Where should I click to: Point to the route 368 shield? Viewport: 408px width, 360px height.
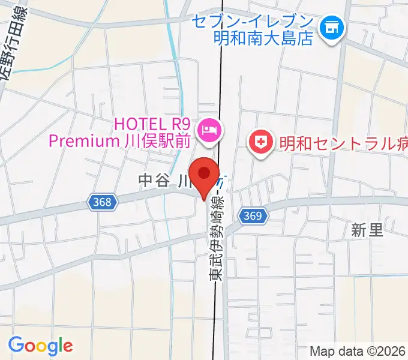click(x=102, y=202)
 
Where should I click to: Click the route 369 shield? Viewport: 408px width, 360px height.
click(x=252, y=215)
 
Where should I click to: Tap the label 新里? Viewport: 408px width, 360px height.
click(x=367, y=230)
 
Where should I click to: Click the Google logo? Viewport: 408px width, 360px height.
click(x=40, y=346)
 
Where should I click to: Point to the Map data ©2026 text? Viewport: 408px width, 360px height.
click(x=358, y=351)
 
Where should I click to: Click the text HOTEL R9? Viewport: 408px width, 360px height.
click(x=152, y=124)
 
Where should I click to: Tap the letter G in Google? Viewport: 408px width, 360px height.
click(x=17, y=345)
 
